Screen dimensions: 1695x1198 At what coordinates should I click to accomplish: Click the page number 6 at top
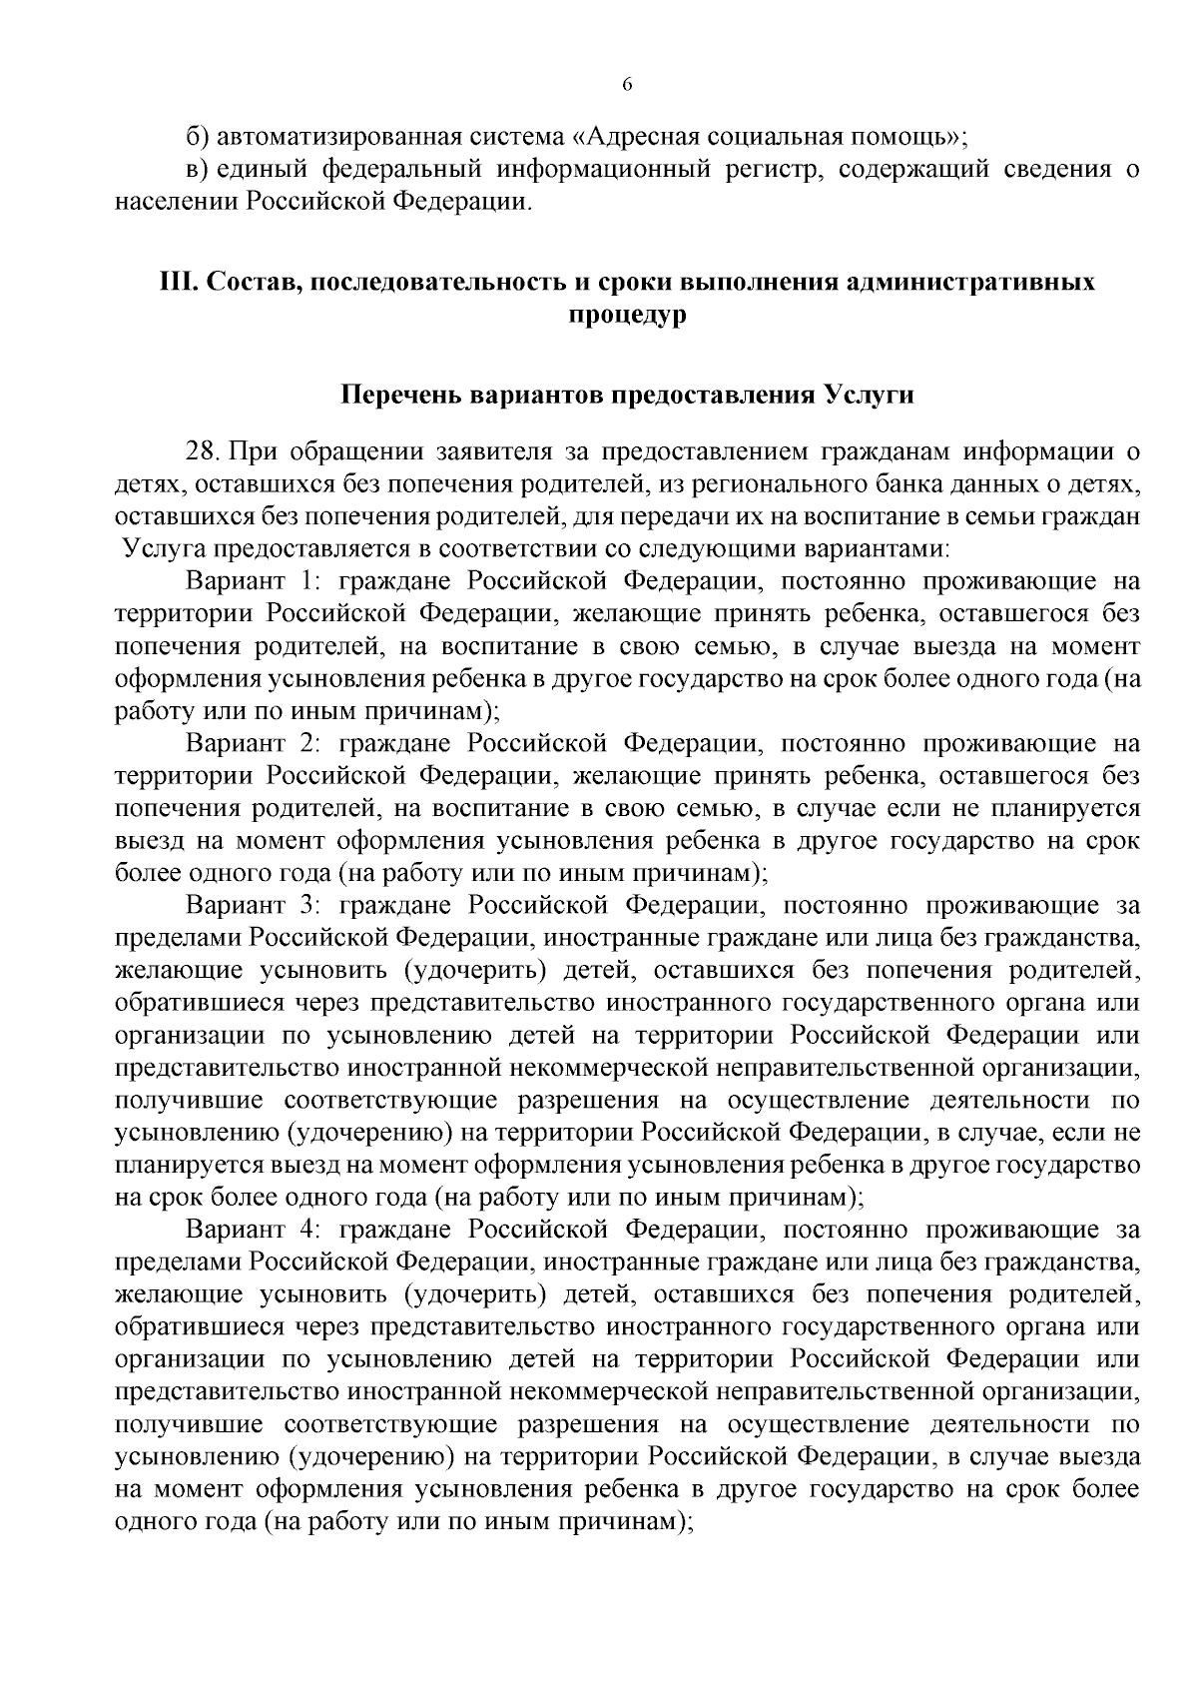tap(628, 85)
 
